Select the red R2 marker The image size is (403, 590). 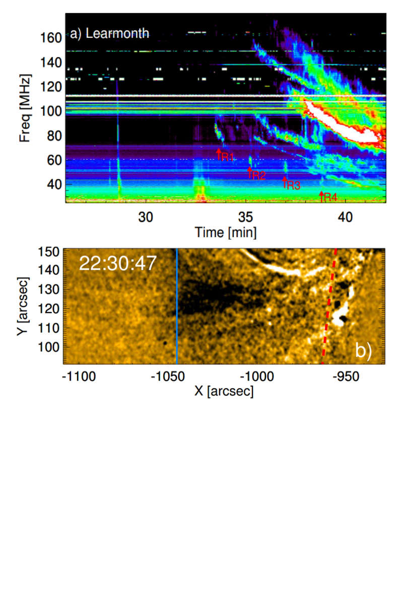[x=256, y=174]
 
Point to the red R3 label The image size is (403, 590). [x=291, y=185]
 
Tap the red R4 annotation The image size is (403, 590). [x=328, y=197]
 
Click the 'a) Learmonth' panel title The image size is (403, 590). [x=109, y=34]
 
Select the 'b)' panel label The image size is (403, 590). [x=363, y=350]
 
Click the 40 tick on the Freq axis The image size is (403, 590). [x=54, y=185]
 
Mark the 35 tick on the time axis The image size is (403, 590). [x=245, y=216]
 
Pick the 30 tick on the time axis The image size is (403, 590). [x=146, y=216]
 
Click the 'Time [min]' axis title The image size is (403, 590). [x=225, y=232]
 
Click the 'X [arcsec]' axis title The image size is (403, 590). [x=224, y=391]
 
